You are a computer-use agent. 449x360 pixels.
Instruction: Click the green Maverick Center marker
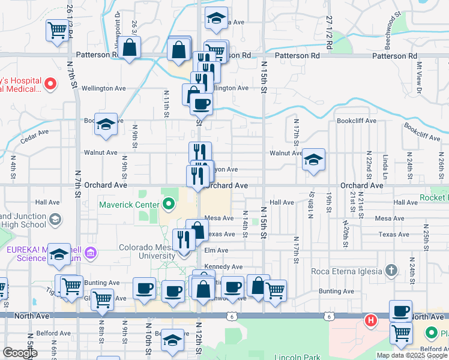click(x=168, y=205)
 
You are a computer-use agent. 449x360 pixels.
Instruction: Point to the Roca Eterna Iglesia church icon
click(x=391, y=271)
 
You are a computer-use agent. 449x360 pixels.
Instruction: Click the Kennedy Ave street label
click(x=223, y=266)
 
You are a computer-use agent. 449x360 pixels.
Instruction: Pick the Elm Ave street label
click(x=216, y=250)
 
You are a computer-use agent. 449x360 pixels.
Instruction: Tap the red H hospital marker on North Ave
click(x=371, y=321)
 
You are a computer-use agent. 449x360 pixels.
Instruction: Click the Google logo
click(x=20, y=353)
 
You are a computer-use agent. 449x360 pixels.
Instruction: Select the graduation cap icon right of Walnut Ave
click(x=313, y=159)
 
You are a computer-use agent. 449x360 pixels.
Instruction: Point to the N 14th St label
click(x=245, y=226)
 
